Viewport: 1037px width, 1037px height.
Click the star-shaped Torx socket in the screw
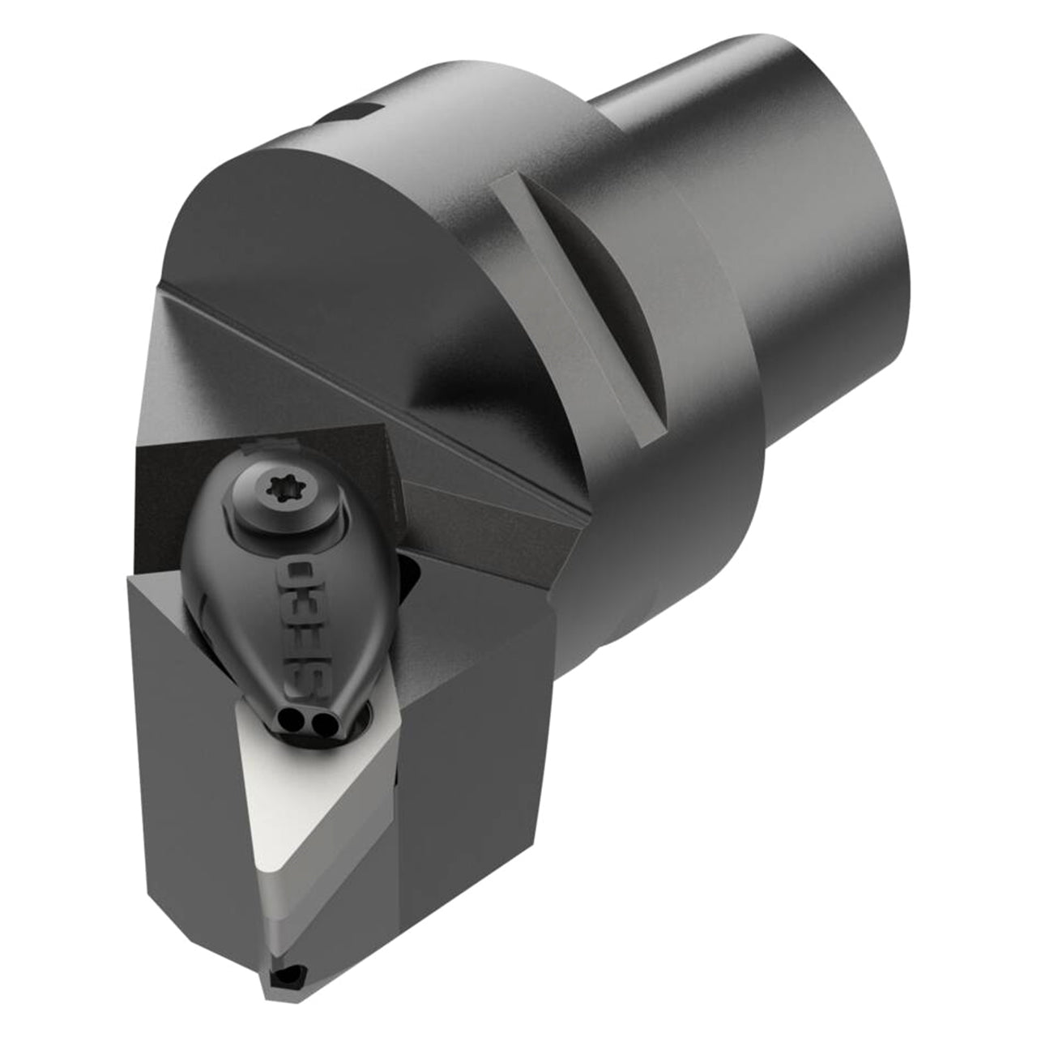(x=280, y=489)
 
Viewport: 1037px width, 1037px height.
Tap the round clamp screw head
(x=284, y=495)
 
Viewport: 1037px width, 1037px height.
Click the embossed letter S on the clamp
(x=301, y=682)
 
